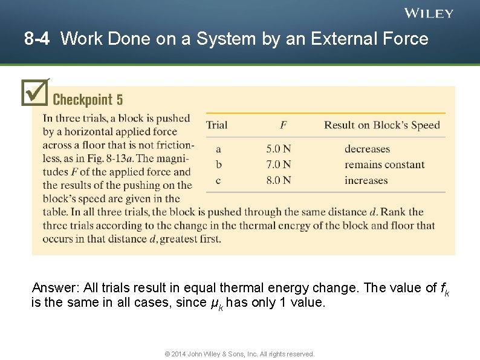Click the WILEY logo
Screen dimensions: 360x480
429,13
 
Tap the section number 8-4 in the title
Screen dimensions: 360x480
37,39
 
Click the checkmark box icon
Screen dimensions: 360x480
34,92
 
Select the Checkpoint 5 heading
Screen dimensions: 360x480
88,99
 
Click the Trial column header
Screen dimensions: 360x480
216,125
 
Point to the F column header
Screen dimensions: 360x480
283,125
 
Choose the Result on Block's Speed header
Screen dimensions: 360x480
381,125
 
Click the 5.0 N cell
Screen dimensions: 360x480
279,149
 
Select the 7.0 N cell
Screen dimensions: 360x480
279,165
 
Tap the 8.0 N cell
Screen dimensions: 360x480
279,180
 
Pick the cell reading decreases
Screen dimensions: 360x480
367,149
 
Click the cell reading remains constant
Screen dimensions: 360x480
384,165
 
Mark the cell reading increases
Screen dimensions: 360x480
366,180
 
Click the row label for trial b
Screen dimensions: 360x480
219,165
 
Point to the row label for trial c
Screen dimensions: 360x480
219,180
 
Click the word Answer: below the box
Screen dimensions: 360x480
54,287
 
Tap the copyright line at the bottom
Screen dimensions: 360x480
239,354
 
